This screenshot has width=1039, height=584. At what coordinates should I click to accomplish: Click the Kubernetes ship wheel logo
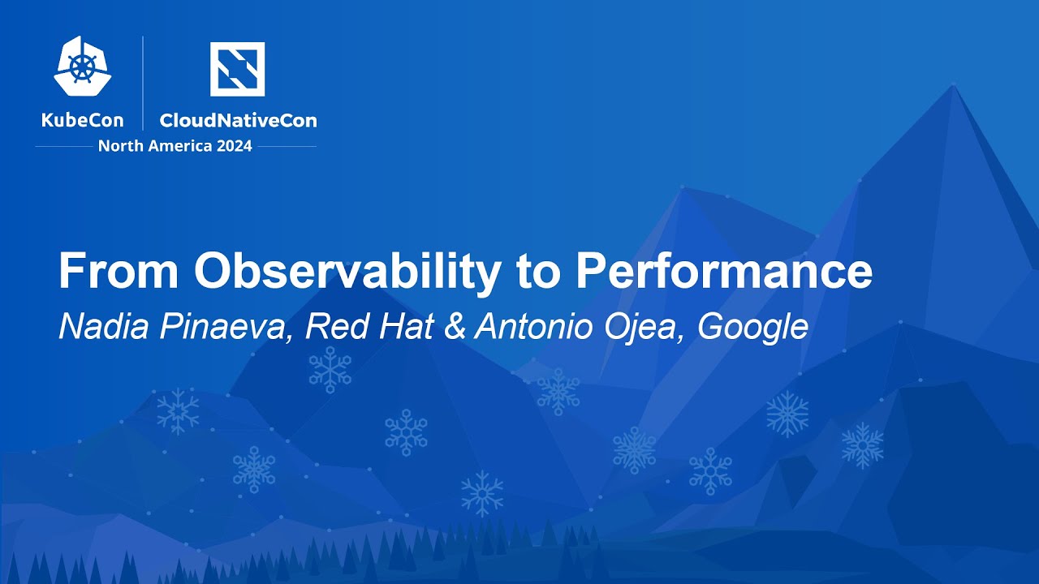[83, 67]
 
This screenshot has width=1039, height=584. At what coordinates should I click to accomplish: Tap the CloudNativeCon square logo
[238, 69]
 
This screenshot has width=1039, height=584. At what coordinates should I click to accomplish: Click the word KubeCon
[83, 121]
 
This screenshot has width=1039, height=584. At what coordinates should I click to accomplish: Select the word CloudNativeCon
[239, 121]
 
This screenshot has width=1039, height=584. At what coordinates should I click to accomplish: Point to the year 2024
[235, 147]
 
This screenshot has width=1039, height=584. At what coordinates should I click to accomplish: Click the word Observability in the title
[347, 272]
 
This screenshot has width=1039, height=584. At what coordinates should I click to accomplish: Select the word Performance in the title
[724, 271]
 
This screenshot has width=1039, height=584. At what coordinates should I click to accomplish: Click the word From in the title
[119, 271]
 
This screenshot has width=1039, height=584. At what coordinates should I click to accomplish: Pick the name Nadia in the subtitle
[104, 327]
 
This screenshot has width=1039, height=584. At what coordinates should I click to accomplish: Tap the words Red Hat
[369, 327]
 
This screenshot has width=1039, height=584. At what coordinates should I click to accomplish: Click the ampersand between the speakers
[455, 327]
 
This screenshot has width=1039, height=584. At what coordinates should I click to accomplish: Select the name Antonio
[533, 327]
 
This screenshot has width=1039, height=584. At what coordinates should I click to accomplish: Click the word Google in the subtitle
[752, 329]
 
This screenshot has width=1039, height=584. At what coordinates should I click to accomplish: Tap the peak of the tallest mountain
[954, 84]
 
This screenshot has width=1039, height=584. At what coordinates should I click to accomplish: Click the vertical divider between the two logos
[143, 83]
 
